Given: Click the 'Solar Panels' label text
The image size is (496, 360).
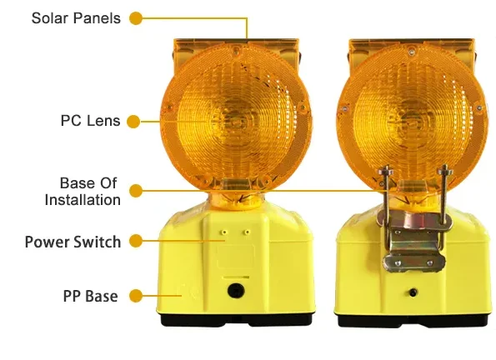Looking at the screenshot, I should tap(76, 18).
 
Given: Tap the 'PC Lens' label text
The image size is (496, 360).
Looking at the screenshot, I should tap(90, 121).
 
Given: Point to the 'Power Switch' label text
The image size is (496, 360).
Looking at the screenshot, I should tap(73, 242).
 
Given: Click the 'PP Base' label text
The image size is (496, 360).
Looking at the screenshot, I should tap(90, 296).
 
